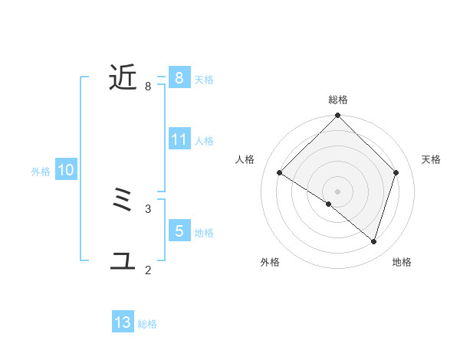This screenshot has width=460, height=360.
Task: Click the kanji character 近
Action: tap(123, 77)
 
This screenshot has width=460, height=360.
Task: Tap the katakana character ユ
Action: tap(123, 261)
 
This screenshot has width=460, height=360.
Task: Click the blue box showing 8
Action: tap(179, 77)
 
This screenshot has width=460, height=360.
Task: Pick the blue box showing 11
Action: tap(179, 139)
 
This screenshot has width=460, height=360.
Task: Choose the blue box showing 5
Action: tap(179, 231)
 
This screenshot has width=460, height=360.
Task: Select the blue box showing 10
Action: tap(65, 171)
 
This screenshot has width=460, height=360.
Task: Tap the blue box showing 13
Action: tap(123, 322)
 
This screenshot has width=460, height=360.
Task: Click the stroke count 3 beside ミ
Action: tap(148, 208)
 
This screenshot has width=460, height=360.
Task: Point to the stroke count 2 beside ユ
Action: tap(148, 270)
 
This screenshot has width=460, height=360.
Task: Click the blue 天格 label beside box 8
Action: tap(204, 79)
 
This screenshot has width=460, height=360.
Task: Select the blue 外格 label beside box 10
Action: tap(41, 172)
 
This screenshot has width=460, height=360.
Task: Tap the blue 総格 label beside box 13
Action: tap(147, 324)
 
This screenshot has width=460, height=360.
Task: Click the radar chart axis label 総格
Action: tap(338, 100)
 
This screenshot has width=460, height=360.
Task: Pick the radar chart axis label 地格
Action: tap(402, 262)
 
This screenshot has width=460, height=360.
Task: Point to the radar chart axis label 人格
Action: tap(245, 159)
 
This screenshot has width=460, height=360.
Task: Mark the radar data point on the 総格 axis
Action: tap(338, 116)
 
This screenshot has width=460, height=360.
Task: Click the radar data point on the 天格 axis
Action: tap(396, 172)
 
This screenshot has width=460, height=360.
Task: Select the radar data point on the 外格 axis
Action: tap(329, 205)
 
